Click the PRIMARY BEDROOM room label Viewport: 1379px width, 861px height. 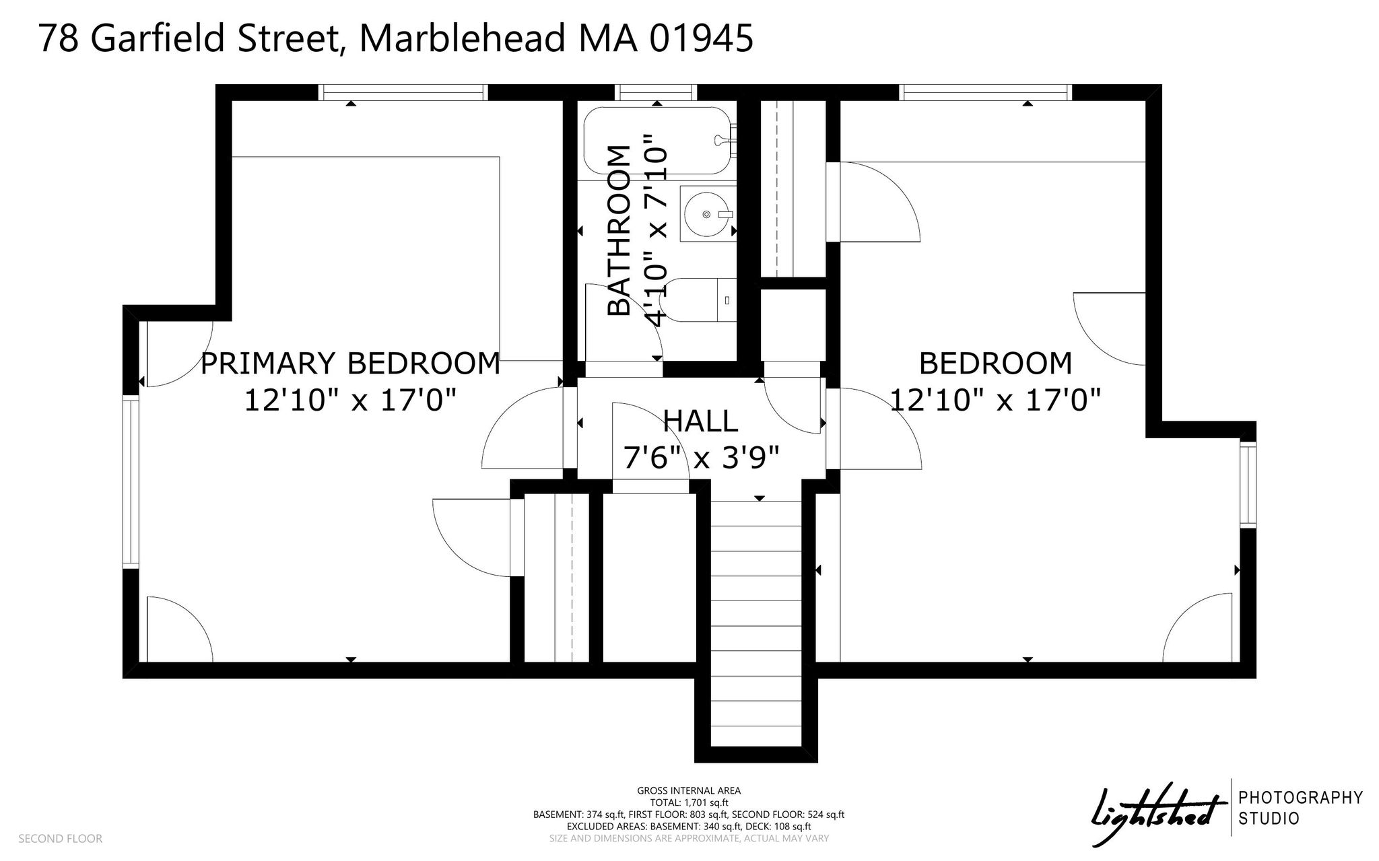pos(350,364)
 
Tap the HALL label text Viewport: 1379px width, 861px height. pos(701,421)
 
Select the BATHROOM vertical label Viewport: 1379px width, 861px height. pos(619,230)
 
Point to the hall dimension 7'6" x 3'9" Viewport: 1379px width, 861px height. pos(701,458)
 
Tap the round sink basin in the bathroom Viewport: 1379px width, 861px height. pos(706,214)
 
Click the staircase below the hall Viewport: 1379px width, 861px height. pos(757,623)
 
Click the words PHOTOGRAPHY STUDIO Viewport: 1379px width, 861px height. pos(1300,808)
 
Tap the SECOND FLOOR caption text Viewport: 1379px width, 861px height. pos(61,839)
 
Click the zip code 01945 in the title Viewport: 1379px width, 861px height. pos(701,38)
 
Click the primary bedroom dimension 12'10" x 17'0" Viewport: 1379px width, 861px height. pos(350,401)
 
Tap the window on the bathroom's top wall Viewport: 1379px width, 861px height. pos(657,93)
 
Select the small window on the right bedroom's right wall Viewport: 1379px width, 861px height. pos(1248,485)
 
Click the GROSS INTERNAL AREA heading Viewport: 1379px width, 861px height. pos(689,791)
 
